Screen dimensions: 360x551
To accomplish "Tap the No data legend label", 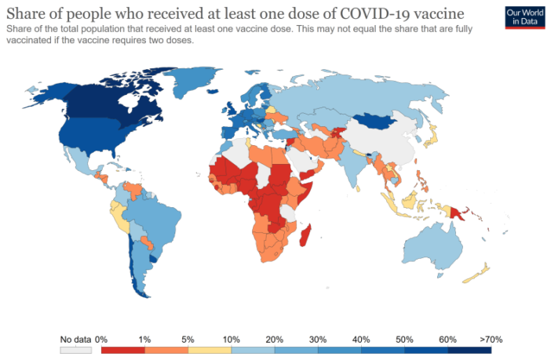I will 75,339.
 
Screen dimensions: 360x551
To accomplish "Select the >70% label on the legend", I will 491,339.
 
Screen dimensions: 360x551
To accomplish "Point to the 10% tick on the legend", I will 232,339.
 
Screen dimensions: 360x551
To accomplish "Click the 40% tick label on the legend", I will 361,339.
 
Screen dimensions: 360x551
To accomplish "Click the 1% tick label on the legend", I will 145,339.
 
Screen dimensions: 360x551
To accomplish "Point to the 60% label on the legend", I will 447,339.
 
